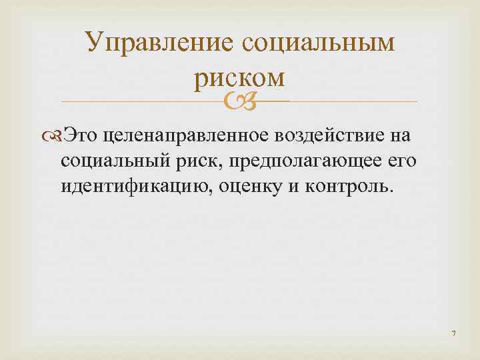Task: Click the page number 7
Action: (453, 333)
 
